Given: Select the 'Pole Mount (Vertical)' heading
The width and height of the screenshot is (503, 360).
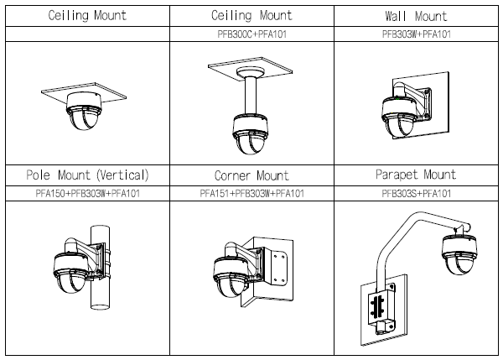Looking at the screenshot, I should click(86, 175).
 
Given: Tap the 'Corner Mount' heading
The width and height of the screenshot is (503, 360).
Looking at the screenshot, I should click(251, 176).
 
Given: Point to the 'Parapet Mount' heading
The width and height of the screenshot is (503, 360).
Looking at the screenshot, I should click(416, 175).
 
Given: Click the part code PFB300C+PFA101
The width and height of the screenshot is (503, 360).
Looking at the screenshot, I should click(251, 34).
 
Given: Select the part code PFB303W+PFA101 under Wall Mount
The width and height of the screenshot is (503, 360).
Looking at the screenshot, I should click(416, 34).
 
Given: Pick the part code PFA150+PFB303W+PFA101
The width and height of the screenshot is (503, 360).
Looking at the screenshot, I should click(86, 194).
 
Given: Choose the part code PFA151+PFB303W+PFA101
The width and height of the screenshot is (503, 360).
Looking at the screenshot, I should click(251, 194).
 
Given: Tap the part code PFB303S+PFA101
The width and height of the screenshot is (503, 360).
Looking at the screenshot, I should click(416, 194).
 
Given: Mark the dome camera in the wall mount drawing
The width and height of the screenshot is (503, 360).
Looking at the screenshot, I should click(398, 117).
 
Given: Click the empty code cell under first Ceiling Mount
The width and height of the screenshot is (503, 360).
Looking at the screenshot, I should click(86, 34).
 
